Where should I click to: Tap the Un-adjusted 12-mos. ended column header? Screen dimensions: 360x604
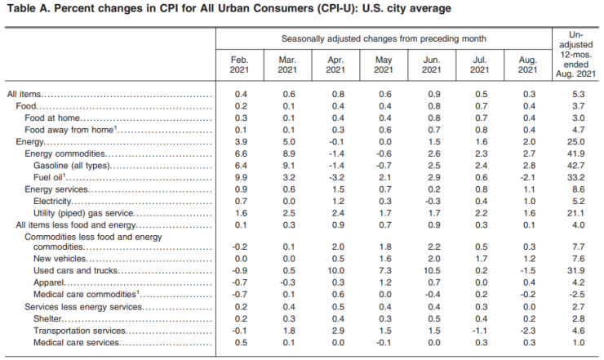click(x=576, y=54)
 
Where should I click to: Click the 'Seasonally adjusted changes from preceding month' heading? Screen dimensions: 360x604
click(x=384, y=38)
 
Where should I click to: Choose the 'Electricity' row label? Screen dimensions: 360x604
click(x=55, y=201)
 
